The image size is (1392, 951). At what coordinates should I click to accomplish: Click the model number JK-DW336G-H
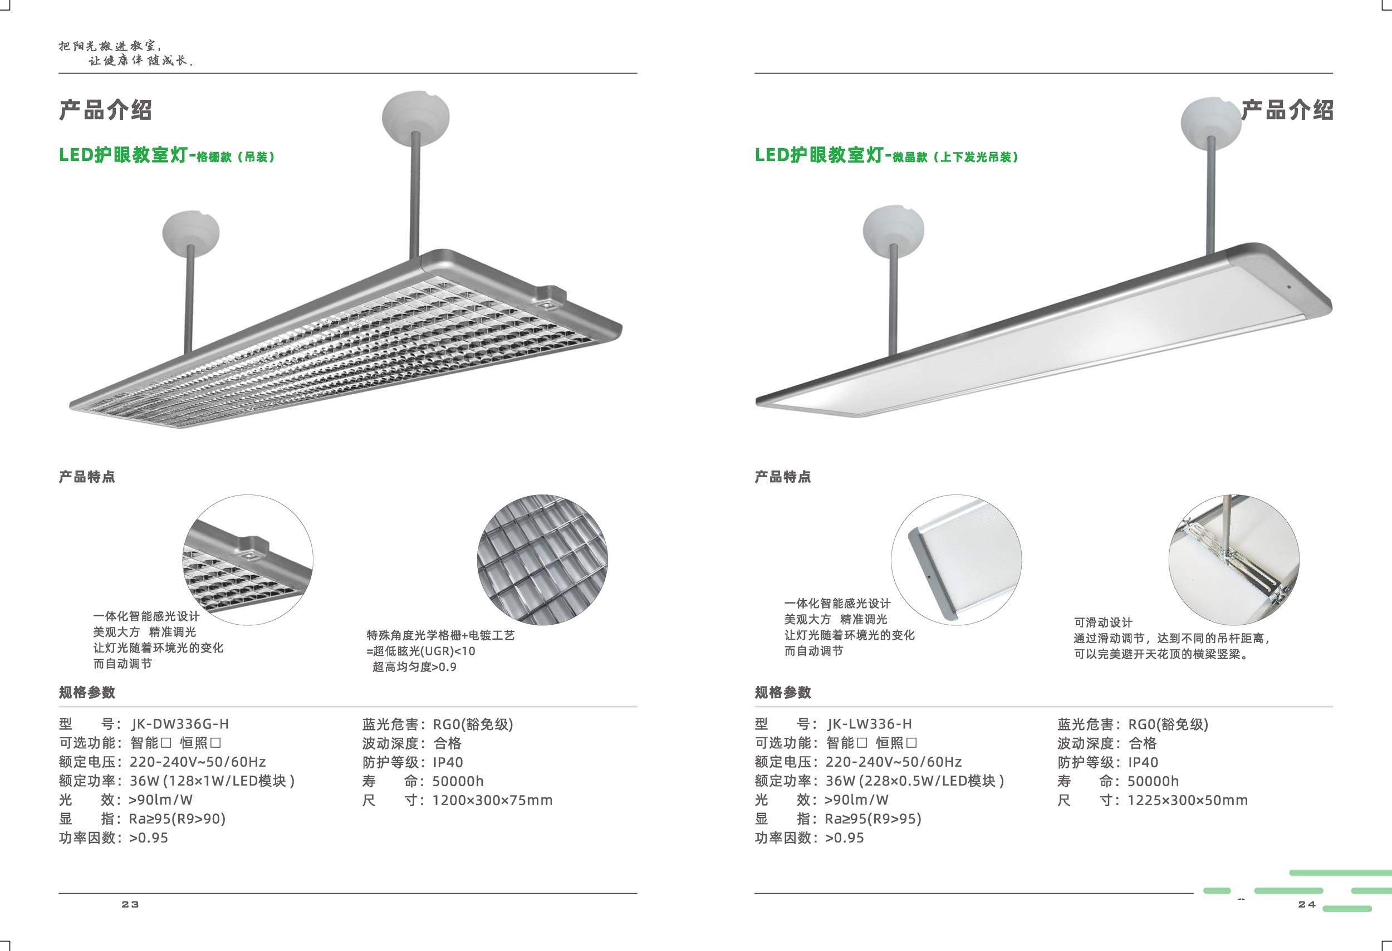point(180,724)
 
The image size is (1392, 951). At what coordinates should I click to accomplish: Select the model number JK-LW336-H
point(869,724)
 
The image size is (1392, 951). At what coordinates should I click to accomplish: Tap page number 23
point(130,904)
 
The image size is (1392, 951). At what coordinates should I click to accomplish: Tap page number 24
point(1307,904)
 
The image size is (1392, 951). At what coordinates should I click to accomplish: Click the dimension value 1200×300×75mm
point(492,800)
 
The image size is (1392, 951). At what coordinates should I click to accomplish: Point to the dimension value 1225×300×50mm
point(1187,800)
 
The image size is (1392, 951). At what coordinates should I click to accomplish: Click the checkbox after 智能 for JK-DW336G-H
point(166,743)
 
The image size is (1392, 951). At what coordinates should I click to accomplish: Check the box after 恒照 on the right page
point(911,743)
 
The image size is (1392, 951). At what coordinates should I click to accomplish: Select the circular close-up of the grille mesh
point(542,560)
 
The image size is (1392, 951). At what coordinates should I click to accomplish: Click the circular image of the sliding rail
point(1234,560)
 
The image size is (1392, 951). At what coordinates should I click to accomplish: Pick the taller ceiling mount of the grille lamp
point(416,117)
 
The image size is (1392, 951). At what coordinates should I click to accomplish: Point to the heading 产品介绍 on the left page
point(105,110)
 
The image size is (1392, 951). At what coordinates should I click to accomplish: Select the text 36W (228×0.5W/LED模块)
point(915,781)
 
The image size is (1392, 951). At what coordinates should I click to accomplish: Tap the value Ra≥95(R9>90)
point(177,818)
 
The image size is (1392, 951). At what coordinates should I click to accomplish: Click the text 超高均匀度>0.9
point(414,667)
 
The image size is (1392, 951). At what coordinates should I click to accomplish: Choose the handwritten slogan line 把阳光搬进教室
point(110,46)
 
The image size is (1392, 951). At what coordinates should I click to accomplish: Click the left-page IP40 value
point(448,762)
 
